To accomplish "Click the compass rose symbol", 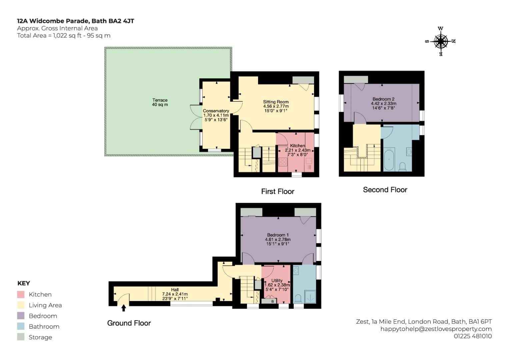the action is point(440,41).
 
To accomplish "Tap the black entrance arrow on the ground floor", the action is point(124,308).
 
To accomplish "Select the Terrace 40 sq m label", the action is point(160,102).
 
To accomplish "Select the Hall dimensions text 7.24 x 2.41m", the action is point(175,294).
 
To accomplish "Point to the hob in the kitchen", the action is point(283,162).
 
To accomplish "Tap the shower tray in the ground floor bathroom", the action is point(310,297).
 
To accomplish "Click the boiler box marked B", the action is point(269,301).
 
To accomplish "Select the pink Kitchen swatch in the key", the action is point(21,295).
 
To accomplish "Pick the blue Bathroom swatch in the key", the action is point(21,326).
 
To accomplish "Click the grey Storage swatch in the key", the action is point(21,337).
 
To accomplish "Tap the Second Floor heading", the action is point(385,190).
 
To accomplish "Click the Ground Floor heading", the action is point(129,323).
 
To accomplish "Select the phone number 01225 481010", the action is point(473,336).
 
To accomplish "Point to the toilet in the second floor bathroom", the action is point(402,166).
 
